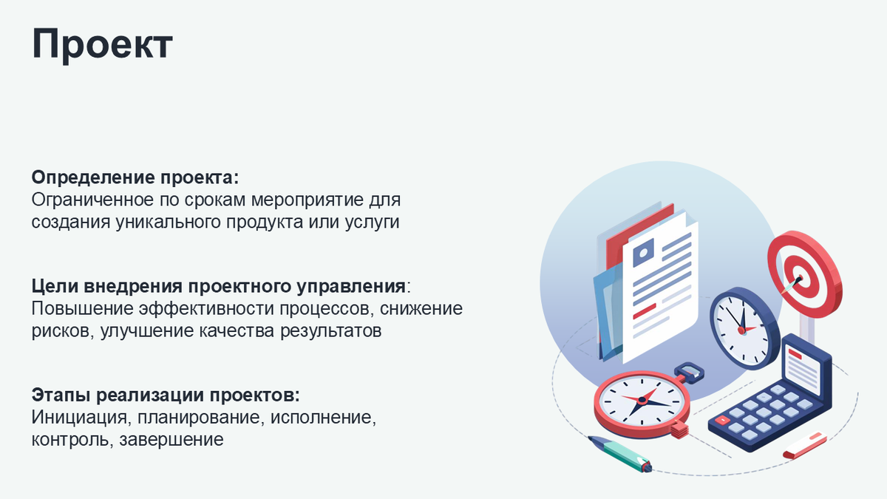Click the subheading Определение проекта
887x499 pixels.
point(136,178)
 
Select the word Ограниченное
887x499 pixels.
point(92,200)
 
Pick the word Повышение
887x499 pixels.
point(75,308)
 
